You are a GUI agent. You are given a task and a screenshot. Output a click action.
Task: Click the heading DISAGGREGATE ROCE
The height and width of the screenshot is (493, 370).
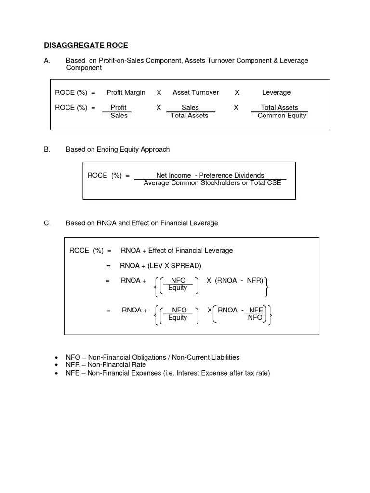pyautogui.click(x=86, y=45)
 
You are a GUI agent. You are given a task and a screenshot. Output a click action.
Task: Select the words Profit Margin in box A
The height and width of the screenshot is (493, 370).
pyautogui.click(x=126, y=92)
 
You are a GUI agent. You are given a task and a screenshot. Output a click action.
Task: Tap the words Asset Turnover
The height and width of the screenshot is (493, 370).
pyautogui.click(x=196, y=92)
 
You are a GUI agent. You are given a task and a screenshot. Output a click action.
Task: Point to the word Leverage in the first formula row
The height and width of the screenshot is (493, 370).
pyautogui.click(x=276, y=92)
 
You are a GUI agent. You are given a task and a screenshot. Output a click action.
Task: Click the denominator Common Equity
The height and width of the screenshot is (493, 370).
pyautogui.click(x=282, y=116)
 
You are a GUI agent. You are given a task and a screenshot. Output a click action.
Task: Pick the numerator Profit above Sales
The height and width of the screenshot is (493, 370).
pyautogui.click(x=119, y=108)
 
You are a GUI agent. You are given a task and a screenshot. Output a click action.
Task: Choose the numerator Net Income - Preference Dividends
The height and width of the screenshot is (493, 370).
pyautogui.click(x=210, y=175)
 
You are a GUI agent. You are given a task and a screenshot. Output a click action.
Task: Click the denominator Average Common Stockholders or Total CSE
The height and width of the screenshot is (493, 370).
pyautogui.click(x=212, y=183)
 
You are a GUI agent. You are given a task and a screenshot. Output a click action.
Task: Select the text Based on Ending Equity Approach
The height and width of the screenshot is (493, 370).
pyautogui.click(x=118, y=149)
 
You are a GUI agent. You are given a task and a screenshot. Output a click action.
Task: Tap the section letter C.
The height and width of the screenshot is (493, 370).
pyautogui.click(x=47, y=223)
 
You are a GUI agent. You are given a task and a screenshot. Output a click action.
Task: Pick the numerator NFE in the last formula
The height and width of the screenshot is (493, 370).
pyautogui.click(x=255, y=310)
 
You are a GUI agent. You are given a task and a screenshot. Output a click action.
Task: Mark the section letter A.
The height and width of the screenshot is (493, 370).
pyautogui.click(x=47, y=60)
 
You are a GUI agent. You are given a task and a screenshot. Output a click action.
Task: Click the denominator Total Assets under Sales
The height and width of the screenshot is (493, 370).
pyautogui.click(x=189, y=116)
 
